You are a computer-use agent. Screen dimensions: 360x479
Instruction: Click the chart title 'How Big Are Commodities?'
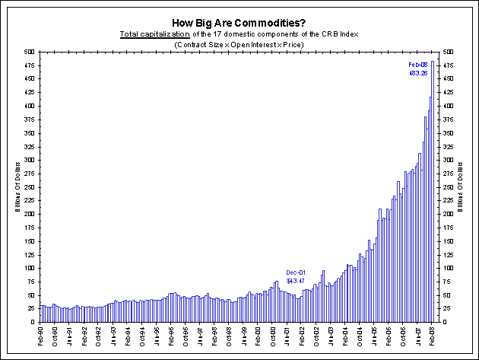pos(239,23)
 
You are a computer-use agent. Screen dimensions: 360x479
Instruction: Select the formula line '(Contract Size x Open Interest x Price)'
pos(239,46)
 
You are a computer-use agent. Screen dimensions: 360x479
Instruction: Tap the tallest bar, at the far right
pos(433,190)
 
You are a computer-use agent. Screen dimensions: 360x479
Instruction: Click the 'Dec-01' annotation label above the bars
pos(296,272)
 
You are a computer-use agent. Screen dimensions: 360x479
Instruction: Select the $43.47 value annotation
pos(296,282)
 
